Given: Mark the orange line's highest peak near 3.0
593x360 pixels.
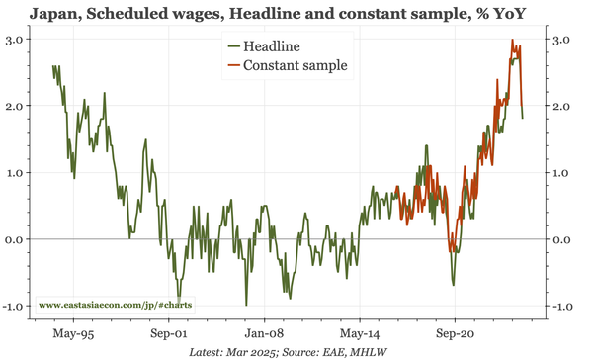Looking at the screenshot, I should tap(512, 41).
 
